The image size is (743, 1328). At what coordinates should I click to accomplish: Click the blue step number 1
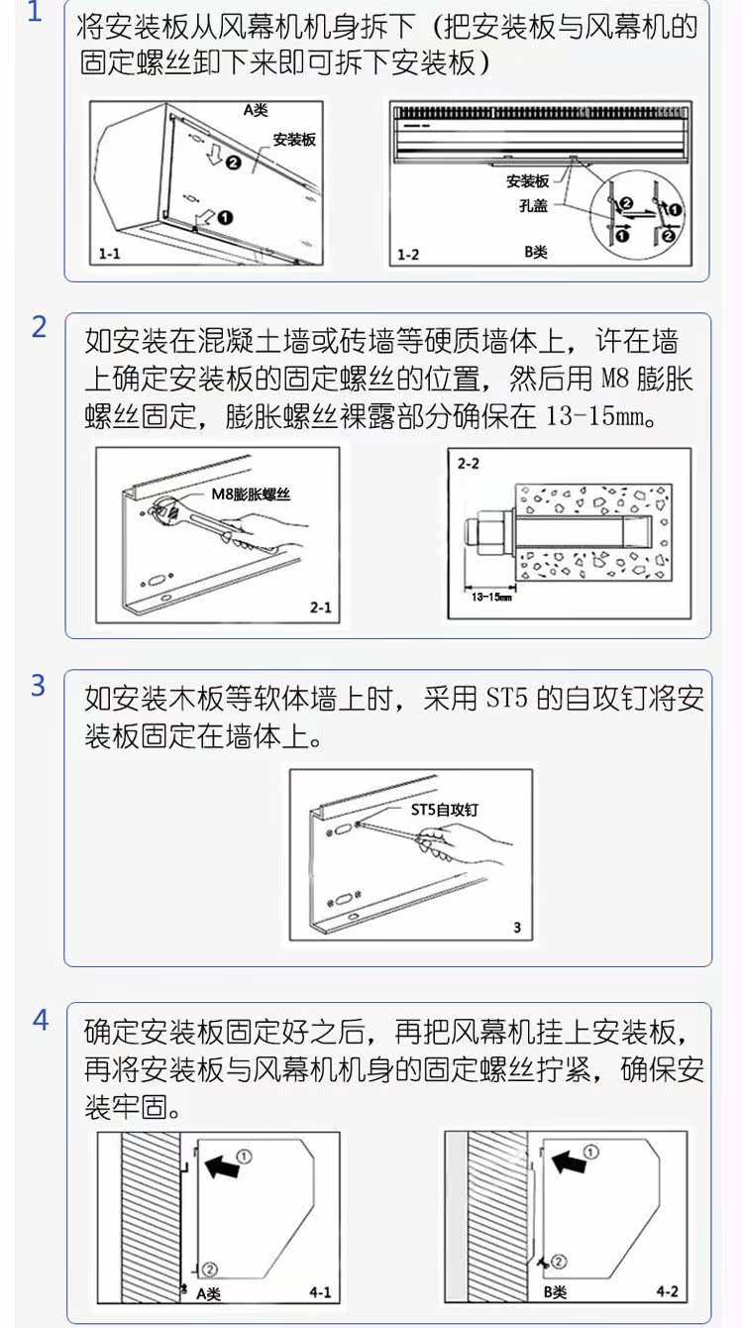[35, 12]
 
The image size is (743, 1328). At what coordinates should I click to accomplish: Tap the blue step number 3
[38, 686]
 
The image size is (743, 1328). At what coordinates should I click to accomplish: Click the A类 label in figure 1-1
[256, 110]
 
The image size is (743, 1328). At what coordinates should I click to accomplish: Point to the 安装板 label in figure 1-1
[294, 140]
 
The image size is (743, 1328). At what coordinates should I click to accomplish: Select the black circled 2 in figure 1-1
[234, 162]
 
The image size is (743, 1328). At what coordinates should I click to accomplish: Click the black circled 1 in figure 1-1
[225, 218]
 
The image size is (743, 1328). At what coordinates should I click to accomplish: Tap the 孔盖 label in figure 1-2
[533, 206]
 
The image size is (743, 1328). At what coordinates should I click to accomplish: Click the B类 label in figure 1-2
[536, 252]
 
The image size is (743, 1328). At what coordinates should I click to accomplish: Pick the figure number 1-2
[407, 255]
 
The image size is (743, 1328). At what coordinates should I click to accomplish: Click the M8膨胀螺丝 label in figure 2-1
[252, 494]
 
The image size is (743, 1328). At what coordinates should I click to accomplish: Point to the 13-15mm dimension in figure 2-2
[491, 597]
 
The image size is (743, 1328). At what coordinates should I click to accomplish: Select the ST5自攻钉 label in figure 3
[445, 810]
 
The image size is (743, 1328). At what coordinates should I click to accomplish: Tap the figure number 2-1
[321, 608]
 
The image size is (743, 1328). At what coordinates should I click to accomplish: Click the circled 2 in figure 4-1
[210, 1270]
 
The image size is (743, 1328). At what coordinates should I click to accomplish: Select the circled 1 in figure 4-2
[590, 1152]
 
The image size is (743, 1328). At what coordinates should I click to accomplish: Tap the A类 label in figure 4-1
[209, 1293]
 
